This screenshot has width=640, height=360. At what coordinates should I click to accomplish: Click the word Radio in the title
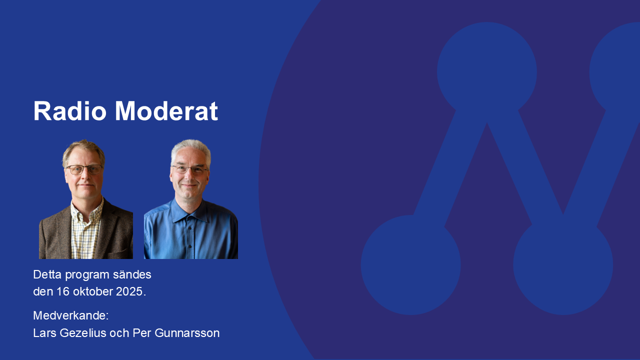pyautogui.click(x=70, y=111)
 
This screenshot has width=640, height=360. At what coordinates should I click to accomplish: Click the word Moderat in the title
pyautogui.click(x=166, y=111)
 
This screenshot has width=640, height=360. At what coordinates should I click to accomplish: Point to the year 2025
pyautogui.click(x=129, y=291)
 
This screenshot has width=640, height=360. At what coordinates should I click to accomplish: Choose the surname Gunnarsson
pyautogui.click(x=187, y=333)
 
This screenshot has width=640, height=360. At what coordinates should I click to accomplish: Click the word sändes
pyautogui.click(x=132, y=274)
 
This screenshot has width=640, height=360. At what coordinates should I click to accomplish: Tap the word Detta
pyautogui.click(x=47, y=274)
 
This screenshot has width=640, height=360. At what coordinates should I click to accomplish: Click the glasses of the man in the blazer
pyautogui.click(x=84, y=169)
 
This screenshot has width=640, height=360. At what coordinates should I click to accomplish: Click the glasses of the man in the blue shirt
pyautogui.click(x=189, y=169)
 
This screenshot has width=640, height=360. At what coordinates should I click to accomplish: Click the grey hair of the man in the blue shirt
pyautogui.click(x=191, y=149)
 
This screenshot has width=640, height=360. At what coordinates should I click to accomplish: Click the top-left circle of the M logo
pyautogui.click(x=487, y=72)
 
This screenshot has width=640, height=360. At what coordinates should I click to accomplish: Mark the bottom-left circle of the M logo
pyautogui.click(x=411, y=265)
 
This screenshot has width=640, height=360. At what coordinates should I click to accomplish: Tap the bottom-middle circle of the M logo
pyautogui.click(x=563, y=265)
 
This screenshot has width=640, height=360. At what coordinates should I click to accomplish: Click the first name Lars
pyautogui.click(x=44, y=333)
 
